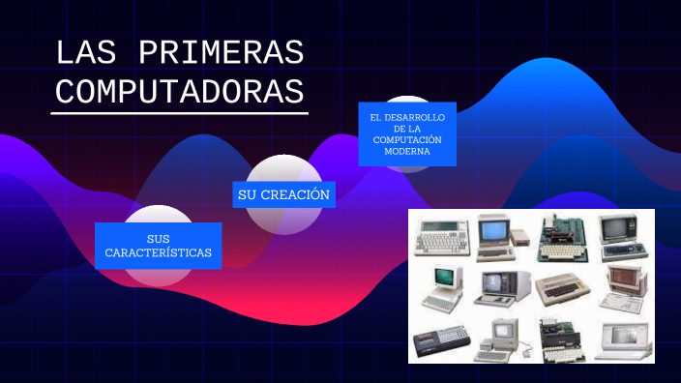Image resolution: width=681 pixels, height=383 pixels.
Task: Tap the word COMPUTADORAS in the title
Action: pyautogui.click(x=179, y=91)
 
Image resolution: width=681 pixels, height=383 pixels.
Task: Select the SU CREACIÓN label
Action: pyautogui.click(x=283, y=195)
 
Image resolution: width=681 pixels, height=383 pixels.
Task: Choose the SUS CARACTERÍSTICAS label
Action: pyautogui.click(x=159, y=246)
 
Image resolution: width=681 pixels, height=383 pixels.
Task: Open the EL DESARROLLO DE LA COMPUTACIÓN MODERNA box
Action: pyautogui.click(x=406, y=133)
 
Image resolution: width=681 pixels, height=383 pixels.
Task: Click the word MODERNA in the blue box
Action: pyautogui.click(x=406, y=152)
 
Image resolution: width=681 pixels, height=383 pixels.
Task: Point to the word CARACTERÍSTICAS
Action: pyautogui.click(x=159, y=253)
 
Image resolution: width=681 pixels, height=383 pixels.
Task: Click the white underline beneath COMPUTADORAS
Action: pyautogui.click(x=179, y=112)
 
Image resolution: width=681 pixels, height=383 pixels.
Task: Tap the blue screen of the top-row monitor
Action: pyautogui.click(x=492, y=230)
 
